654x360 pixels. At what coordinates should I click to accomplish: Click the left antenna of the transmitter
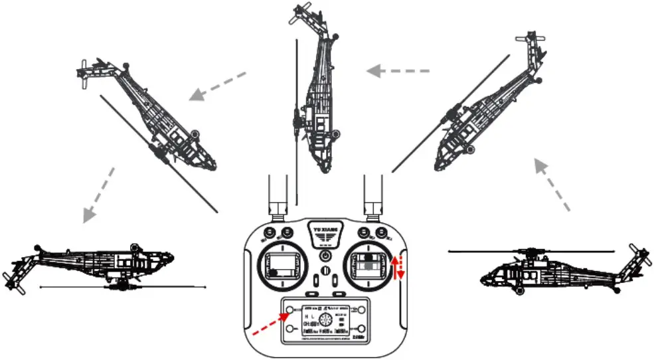(x=277, y=195)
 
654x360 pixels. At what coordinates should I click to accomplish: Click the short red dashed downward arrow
(x=402, y=270)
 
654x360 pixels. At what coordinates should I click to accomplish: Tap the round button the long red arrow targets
(x=290, y=311)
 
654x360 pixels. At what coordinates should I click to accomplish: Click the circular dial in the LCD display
(x=325, y=319)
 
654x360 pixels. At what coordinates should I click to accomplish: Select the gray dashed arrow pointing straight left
(x=400, y=70)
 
